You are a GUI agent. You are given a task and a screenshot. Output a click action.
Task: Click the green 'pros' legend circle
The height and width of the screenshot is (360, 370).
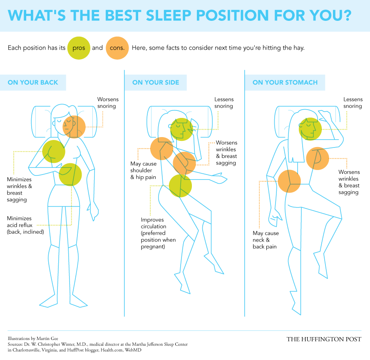click(79, 48)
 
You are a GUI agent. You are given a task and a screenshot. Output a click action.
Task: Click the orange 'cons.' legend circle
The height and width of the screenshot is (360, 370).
click(117, 48)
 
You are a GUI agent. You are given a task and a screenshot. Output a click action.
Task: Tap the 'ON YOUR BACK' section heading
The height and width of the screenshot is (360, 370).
click(33, 82)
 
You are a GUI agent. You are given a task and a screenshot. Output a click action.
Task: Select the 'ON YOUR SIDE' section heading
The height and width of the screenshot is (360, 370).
click(156, 82)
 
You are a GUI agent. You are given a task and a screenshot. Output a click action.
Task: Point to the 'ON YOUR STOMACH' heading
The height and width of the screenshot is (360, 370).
click(285, 82)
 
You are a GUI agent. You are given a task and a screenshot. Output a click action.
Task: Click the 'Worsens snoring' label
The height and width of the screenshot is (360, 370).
click(108, 102)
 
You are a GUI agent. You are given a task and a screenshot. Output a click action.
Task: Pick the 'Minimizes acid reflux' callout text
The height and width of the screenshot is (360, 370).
click(25, 225)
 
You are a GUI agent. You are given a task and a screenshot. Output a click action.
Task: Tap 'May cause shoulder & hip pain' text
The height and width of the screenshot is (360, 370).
click(143, 170)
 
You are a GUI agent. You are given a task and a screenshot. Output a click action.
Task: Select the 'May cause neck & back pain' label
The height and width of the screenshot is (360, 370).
click(266, 240)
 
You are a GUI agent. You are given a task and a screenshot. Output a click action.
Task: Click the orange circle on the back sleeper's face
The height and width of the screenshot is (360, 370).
click(74, 127)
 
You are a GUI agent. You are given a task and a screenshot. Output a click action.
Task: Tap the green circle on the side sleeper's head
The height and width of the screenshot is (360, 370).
click(182, 130)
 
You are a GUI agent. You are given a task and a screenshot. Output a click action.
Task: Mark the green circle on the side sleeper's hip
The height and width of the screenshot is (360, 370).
click(180, 186)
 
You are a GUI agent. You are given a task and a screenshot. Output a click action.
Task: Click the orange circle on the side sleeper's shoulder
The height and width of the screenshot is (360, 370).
click(161, 149)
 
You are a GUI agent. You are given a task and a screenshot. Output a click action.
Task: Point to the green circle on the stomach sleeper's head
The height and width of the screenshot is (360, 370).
click(310, 129)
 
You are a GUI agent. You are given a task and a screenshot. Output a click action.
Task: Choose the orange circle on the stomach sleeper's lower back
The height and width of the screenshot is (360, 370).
click(289, 181)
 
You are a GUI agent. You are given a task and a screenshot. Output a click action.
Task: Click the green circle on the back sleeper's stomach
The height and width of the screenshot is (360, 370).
click(70, 175)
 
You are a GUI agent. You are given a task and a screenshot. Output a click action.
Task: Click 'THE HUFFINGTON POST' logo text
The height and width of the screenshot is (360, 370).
click(324, 339)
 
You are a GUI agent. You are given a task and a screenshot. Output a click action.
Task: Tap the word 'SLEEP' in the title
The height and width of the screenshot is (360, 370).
click(169, 15)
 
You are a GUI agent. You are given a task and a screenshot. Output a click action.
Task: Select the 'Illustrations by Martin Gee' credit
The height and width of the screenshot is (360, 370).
click(33, 338)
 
